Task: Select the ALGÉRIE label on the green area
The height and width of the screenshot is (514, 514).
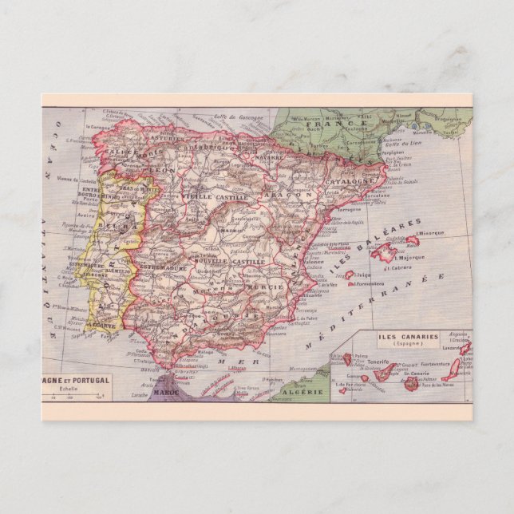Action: (x=302, y=392)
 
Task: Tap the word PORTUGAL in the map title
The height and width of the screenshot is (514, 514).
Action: (x=90, y=381)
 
